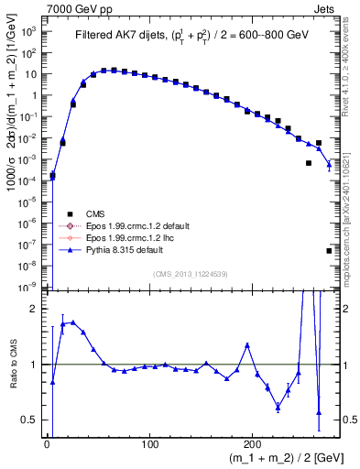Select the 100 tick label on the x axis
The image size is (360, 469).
pos(150,444)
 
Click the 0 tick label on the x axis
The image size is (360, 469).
pos(47,444)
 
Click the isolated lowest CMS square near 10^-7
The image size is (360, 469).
pos(329,250)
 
